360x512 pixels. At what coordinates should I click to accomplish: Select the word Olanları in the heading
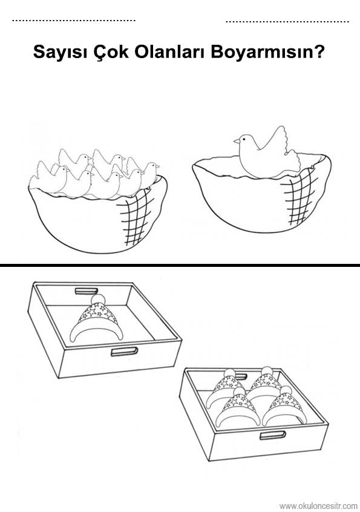coord(170,51)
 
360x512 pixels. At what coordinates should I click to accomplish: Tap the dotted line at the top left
coord(74,20)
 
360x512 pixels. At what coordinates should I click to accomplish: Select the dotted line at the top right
coord(287,22)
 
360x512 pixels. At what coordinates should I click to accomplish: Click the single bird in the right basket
coord(266,154)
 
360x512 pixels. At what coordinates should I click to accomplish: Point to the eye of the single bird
coord(243,139)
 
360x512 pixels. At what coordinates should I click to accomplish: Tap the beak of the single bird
coord(237,142)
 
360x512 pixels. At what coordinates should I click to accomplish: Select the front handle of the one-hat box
coord(125,352)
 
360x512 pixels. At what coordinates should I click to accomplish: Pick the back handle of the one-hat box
coord(87,290)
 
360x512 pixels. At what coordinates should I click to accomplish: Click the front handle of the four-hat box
coord(273,435)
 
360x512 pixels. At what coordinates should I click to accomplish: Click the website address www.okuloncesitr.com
coord(318,506)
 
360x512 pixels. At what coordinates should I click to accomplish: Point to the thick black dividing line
coord(180,266)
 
